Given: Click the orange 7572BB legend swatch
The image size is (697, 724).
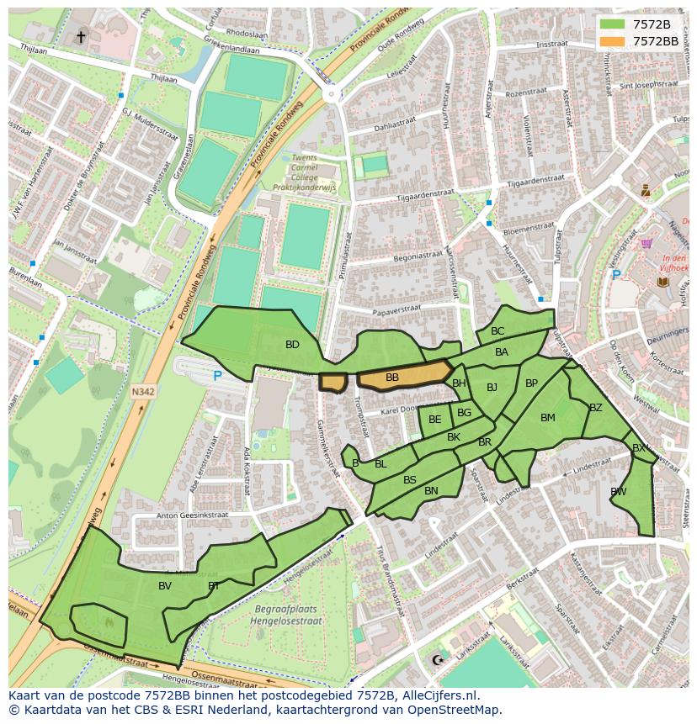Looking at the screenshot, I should pyautogui.click(x=612, y=40).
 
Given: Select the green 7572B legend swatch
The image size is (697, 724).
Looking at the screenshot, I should pyautogui.click(x=612, y=24).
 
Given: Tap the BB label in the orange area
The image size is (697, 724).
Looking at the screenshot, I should pyautogui.click(x=392, y=378).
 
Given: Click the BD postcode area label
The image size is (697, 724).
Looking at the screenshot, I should pyautogui.click(x=292, y=345).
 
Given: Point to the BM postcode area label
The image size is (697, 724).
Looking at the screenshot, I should pyautogui.click(x=548, y=418).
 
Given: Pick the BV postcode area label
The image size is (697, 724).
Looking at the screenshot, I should pyautogui.click(x=165, y=586).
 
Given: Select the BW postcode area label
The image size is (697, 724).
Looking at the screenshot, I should pyautogui.click(x=619, y=492).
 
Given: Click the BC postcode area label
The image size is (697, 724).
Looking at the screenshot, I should pyautogui.click(x=497, y=331).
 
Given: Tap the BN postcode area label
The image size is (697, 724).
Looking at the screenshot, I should pyautogui.click(x=431, y=491).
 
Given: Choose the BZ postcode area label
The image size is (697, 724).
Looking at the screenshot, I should pyautogui.click(x=596, y=408).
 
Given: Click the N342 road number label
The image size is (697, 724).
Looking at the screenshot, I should pyautogui.click(x=142, y=391).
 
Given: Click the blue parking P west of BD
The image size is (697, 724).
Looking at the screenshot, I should pyautogui.click(x=217, y=377).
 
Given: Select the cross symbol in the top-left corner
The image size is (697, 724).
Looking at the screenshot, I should pyautogui.click(x=81, y=36).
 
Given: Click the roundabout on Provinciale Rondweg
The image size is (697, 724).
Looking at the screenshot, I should pyautogui.click(x=331, y=94).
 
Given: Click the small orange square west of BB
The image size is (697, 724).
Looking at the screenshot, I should pyautogui.click(x=333, y=383).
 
